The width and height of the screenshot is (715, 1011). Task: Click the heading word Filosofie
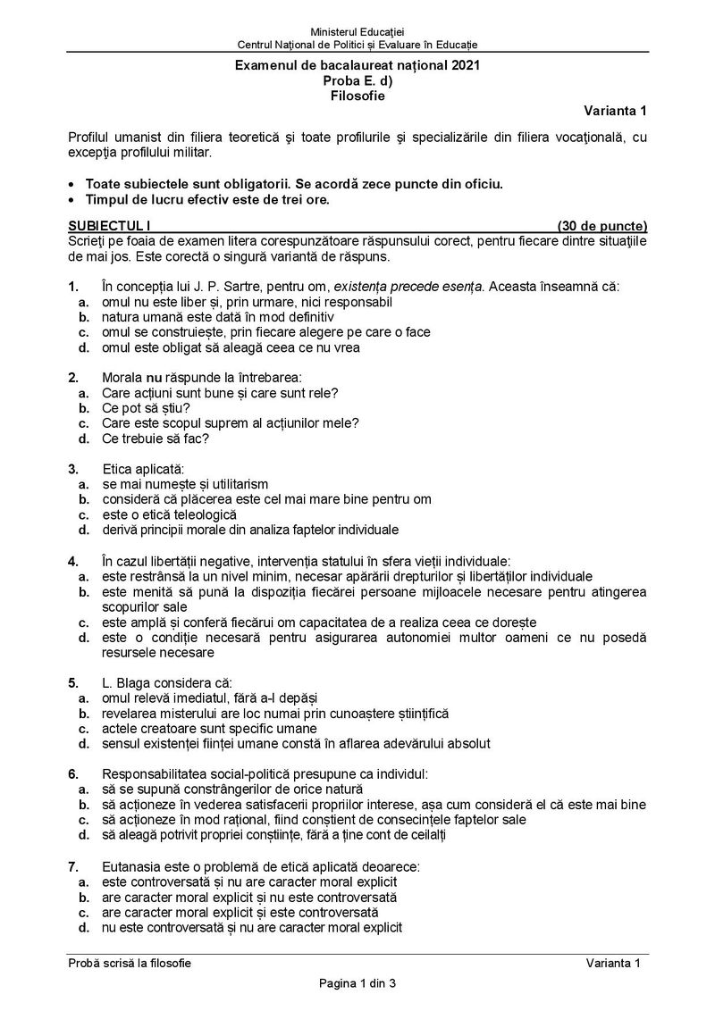tap(357, 94)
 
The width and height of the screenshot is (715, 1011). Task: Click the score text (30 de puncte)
tap(601, 226)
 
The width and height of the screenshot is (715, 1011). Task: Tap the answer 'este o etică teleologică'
tap(169, 514)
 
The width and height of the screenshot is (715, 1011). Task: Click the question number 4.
tap(72, 561)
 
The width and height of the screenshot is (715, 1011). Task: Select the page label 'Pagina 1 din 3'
tap(357, 983)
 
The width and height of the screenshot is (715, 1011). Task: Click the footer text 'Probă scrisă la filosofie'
tap(130, 962)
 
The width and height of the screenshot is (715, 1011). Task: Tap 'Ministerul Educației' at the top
tap(357, 33)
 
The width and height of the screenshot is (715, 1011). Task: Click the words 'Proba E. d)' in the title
tap(357, 79)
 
